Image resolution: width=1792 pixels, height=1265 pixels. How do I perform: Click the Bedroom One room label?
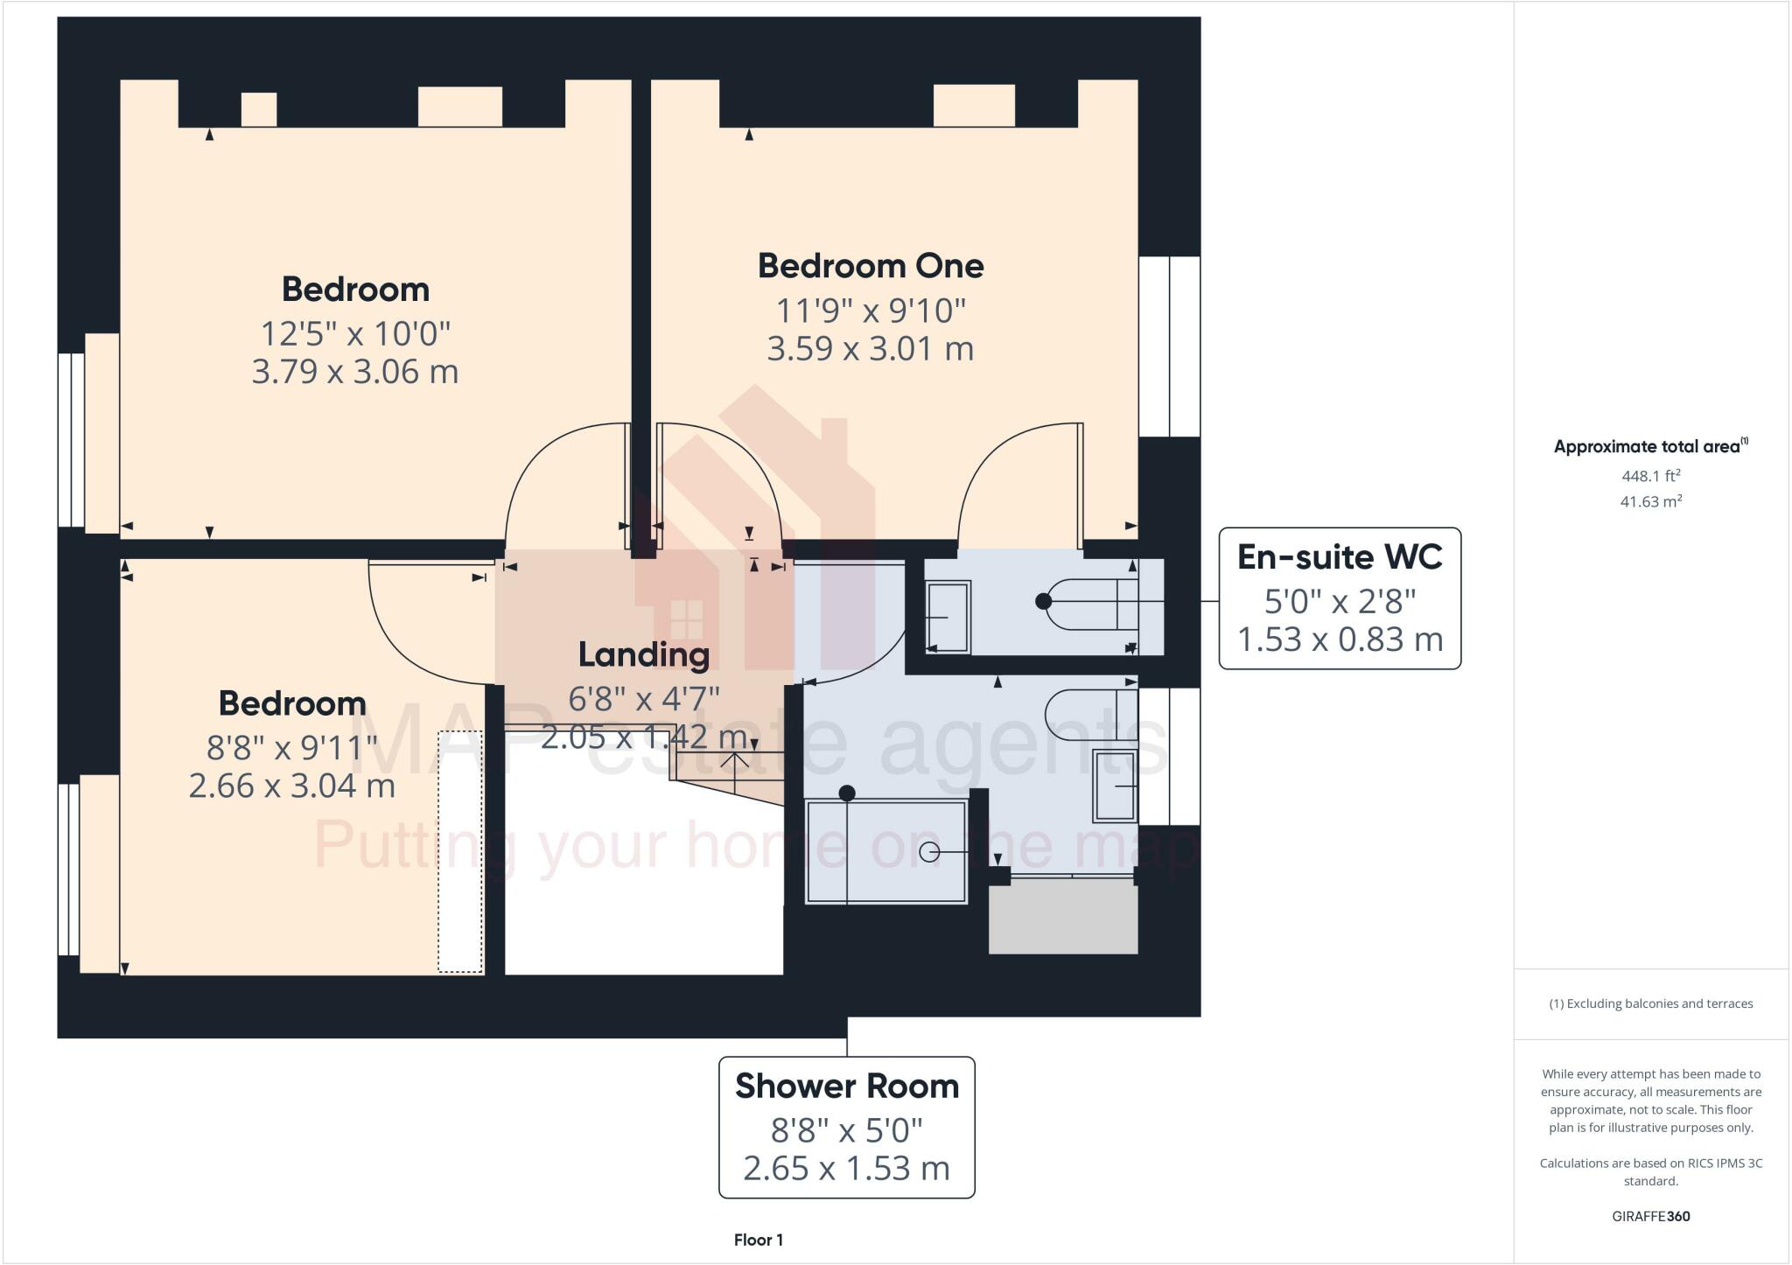[x=870, y=266]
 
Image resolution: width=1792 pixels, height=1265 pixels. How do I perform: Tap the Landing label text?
[x=643, y=654]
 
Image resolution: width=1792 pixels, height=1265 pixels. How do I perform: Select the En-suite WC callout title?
[x=1339, y=557]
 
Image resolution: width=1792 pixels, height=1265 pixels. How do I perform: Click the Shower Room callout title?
[x=846, y=1086]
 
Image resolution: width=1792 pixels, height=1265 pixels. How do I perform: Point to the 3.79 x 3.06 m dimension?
[x=354, y=372]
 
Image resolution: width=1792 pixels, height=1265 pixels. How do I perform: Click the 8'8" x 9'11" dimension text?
[x=291, y=748]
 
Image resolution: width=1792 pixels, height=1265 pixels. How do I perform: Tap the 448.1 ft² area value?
[x=1650, y=476]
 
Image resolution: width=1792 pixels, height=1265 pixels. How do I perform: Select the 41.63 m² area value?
[x=1650, y=501]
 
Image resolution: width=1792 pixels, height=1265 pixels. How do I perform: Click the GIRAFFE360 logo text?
[x=1650, y=1216]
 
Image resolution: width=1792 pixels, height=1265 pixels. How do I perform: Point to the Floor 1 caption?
[x=758, y=1240]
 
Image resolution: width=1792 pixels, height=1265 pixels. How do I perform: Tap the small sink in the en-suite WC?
[x=948, y=618]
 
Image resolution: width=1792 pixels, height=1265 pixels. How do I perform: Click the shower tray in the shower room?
[x=885, y=850]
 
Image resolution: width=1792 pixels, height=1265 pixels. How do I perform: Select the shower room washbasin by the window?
[x=1115, y=785]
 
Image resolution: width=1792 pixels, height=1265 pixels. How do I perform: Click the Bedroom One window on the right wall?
[x=1169, y=346]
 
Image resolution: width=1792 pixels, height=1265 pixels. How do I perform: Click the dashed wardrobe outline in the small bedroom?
[x=460, y=851]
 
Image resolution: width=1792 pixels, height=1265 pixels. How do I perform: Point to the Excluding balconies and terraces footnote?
[x=1650, y=1003]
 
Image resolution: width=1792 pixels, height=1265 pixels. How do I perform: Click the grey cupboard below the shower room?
[x=1062, y=916]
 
